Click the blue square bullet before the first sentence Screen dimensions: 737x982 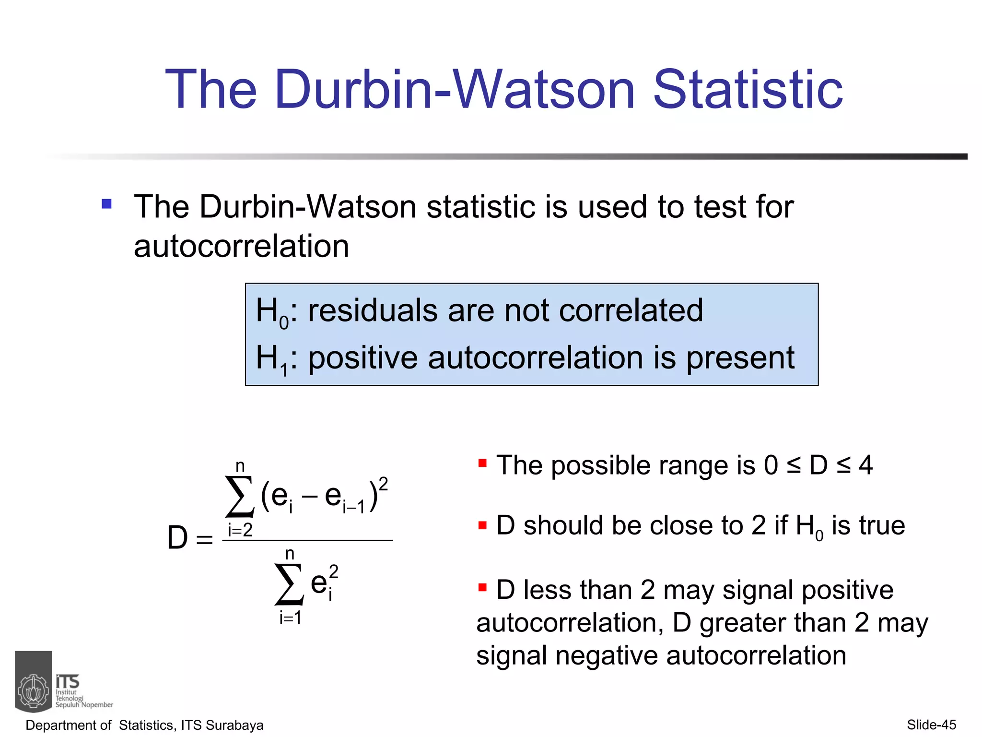(106, 204)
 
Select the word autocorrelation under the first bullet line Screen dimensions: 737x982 (241, 247)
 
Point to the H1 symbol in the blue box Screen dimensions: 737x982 (272, 359)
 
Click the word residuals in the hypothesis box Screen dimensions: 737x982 (372, 310)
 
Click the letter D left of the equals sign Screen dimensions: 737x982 (177, 538)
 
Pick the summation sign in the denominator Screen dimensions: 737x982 (289, 584)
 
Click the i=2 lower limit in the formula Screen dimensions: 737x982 (240, 530)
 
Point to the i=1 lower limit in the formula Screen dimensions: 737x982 (291, 618)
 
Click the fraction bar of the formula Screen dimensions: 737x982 (307, 540)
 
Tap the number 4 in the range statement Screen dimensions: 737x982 (865, 465)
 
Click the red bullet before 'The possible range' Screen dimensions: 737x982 (482, 463)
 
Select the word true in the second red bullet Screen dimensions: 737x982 (882, 525)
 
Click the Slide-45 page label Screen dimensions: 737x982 (931, 725)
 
